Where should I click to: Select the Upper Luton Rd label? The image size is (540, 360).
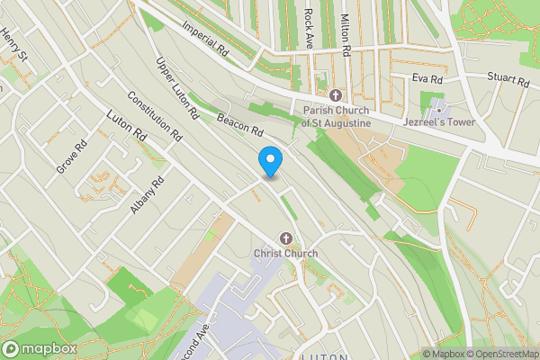point(176,89)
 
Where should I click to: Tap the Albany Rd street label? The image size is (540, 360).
point(147,194)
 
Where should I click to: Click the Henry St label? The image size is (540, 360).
point(14,44)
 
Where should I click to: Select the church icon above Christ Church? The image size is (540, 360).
point(286,238)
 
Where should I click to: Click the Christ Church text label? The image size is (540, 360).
point(285,254)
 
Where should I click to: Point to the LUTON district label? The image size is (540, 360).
point(324,356)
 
